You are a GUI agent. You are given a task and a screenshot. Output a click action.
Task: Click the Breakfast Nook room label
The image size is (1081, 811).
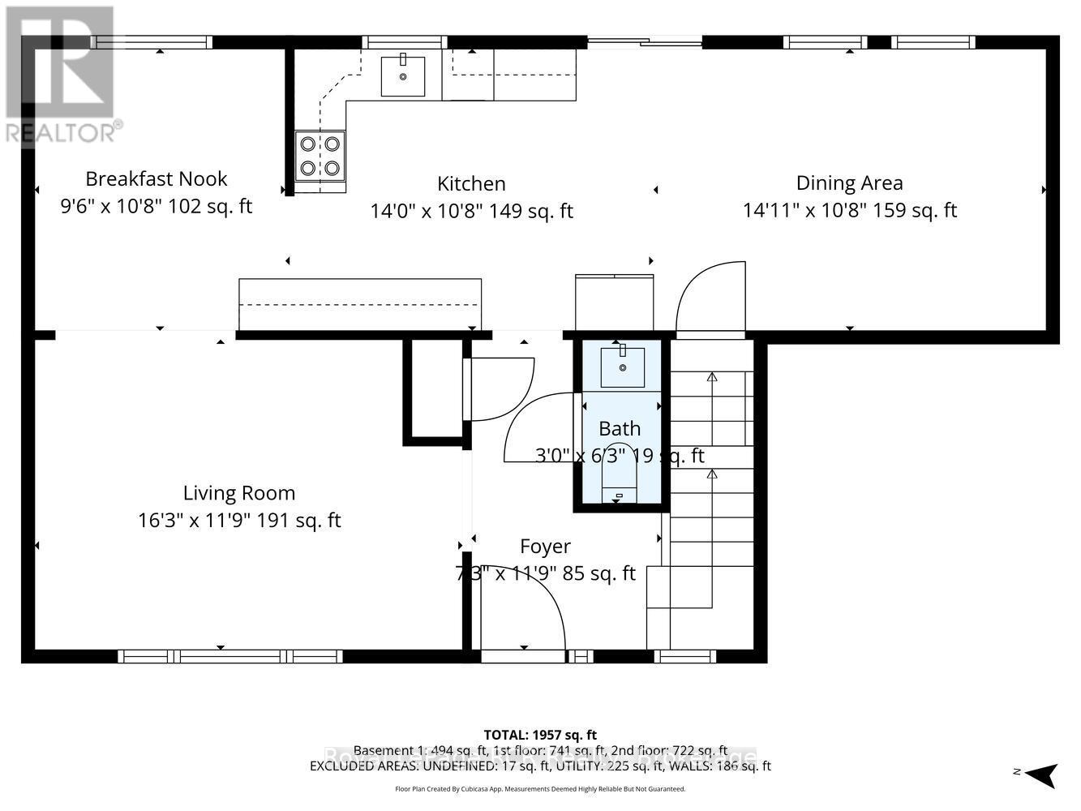coord(157,179)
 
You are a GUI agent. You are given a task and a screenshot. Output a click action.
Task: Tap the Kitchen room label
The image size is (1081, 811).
coord(471,184)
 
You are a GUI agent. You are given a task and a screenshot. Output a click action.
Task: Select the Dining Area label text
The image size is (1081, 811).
coord(849,183)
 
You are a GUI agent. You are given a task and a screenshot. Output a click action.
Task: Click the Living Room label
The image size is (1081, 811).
coord(239,493)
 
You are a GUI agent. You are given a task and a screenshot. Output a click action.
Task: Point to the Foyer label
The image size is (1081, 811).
coord(545,547)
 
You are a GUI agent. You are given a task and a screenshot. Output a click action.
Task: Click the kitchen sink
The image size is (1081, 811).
coord(403,76)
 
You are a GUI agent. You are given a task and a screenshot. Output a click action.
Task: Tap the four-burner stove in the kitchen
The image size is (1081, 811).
coord(320,156)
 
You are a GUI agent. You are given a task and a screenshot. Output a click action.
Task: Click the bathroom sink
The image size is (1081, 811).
coord(622,367)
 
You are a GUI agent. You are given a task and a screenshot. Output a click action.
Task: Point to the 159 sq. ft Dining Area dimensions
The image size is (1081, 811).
coord(849,211)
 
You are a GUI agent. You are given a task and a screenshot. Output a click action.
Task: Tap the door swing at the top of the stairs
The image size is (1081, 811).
coord(711,297)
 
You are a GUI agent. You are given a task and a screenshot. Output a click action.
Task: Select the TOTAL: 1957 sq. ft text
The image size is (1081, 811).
coord(540,736)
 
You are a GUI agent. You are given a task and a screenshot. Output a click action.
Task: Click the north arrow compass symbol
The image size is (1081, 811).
coord(1041,774)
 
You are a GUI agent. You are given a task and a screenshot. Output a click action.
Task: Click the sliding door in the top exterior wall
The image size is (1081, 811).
coord(645,41)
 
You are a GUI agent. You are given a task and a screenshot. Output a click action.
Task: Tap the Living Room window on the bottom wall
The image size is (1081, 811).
coord(229,656)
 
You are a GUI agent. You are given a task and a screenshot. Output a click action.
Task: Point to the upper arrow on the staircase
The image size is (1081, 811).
coord(712,397)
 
